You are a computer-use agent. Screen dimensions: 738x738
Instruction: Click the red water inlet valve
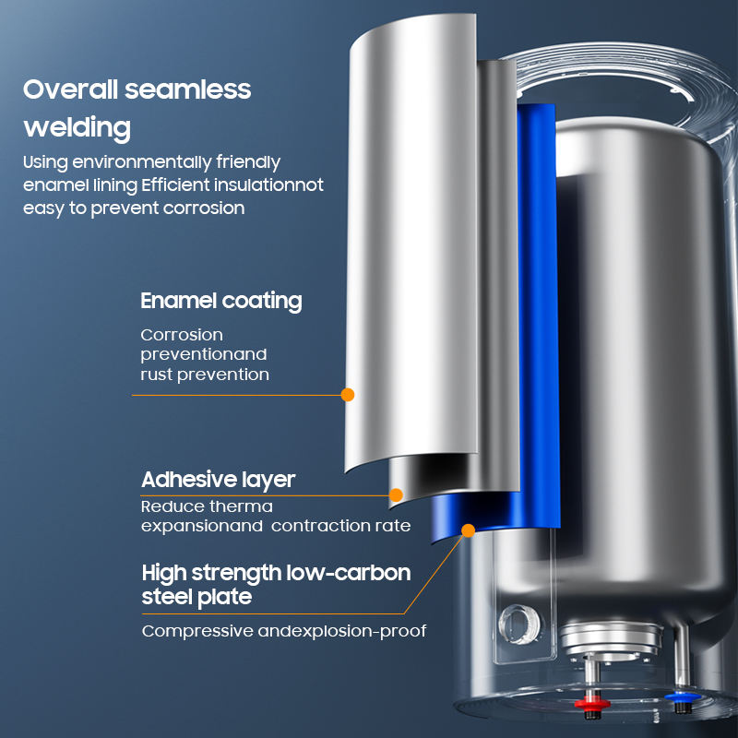click(591, 704)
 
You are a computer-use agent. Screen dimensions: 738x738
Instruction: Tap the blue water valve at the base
click(682, 697)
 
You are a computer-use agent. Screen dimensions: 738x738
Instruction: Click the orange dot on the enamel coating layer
click(348, 395)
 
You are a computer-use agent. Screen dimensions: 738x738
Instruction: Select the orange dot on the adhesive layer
click(397, 495)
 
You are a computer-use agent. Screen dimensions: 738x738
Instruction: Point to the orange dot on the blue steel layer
click(469, 530)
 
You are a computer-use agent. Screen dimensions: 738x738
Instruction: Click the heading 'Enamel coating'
click(221, 302)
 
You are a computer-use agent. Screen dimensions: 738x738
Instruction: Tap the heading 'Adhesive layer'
click(219, 480)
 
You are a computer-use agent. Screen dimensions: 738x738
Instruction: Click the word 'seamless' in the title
click(188, 89)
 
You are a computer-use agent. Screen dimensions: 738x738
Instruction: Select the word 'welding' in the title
click(77, 128)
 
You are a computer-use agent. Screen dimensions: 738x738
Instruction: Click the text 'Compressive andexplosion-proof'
click(284, 631)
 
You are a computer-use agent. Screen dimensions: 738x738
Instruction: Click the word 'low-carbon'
click(349, 573)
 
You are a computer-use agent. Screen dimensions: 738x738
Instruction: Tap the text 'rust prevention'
click(205, 375)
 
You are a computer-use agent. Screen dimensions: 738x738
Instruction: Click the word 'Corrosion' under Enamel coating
click(182, 335)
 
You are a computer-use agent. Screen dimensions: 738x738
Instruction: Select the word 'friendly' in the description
click(248, 162)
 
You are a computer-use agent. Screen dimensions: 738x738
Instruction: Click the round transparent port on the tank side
click(519, 625)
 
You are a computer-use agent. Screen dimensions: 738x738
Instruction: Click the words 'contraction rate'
click(340, 526)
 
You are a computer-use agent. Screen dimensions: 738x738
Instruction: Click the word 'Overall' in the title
click(71, 89)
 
